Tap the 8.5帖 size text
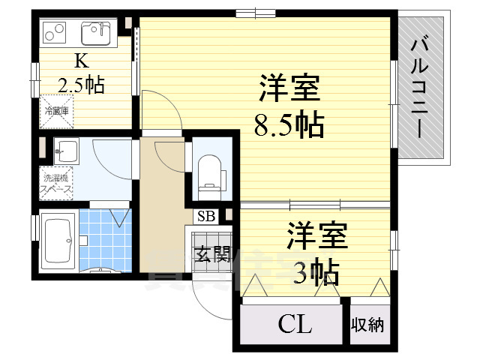pos(289,124)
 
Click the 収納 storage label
pos(367,325)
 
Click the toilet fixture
pos(208,171)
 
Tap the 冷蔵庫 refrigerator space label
pos(55,111)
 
